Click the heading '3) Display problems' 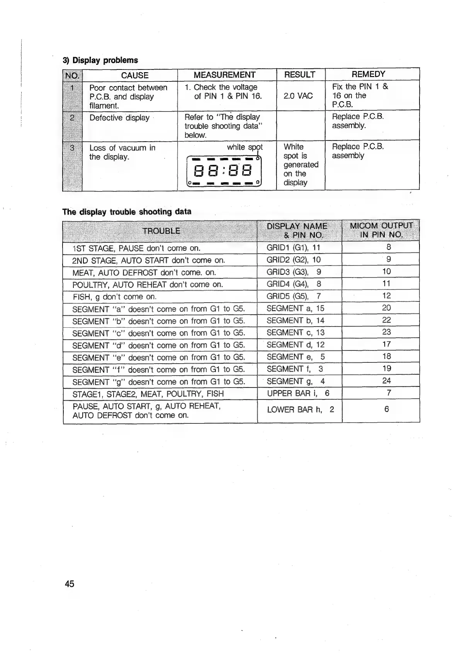tap(100, 60)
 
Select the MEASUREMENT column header tap(224, 75)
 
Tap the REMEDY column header tap(368, 74)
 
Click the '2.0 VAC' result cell tap(298, 96)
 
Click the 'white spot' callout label tap(245, 147)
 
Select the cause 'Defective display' tap(119, 118)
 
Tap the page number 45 tap(70, 584)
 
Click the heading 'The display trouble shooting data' tap(127, 212)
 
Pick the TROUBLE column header tap(161, 231)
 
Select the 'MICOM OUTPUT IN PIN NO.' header tap(381, 230)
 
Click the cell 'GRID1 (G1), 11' tap(294, 247)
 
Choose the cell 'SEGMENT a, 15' tap(295, 308)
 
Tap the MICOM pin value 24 tap(386, 381)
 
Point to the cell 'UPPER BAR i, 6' tap(298, 393)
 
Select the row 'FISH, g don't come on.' tap(114, 297)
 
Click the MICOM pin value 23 tap(386, 332)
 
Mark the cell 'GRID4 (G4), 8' tap(294, 284)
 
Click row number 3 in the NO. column tap(72, 148)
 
